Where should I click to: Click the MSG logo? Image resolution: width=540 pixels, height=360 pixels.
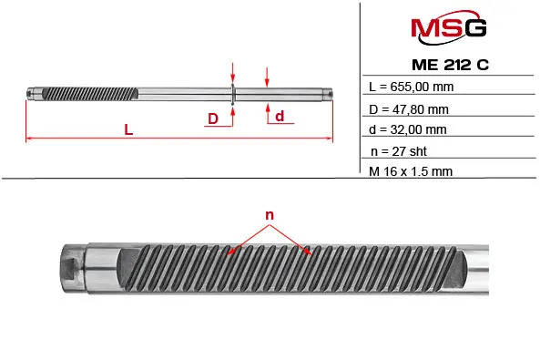448,27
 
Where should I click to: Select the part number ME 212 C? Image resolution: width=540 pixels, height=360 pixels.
450,65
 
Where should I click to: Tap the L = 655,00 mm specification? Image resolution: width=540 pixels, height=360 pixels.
412,87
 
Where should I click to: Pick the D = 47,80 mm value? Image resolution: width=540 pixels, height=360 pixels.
409,109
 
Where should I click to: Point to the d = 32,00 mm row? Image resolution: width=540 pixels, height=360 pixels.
408,129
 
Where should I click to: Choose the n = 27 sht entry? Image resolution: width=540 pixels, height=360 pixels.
399,151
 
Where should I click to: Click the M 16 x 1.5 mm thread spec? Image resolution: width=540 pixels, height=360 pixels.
411,171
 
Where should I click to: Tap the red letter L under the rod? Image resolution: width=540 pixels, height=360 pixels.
128,129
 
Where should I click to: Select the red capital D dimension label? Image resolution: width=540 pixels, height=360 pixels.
213,118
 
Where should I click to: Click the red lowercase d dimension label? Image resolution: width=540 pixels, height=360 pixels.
280,116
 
